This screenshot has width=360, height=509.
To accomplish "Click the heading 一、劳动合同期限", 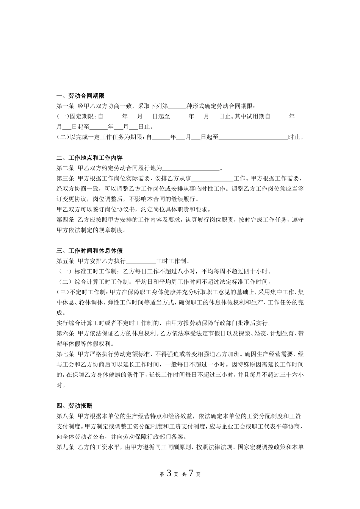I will [80, 96].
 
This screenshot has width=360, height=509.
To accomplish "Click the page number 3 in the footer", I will [169, 473].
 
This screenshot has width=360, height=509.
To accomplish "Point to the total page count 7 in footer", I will [191, 473].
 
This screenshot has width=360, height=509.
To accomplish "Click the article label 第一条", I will [65, 106].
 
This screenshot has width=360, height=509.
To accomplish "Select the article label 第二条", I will [65, 168].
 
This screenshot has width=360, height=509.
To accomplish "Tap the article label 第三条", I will [65, 178].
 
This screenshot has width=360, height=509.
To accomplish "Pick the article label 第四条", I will [65, 220].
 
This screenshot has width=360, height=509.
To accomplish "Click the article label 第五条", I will [65, 261].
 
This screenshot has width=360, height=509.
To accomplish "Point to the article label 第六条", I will [65, 334].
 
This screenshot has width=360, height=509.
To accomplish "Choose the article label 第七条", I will [65, 354].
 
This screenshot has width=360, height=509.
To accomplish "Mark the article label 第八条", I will [65, 416].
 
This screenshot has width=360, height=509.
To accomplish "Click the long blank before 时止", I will [253, 138].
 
